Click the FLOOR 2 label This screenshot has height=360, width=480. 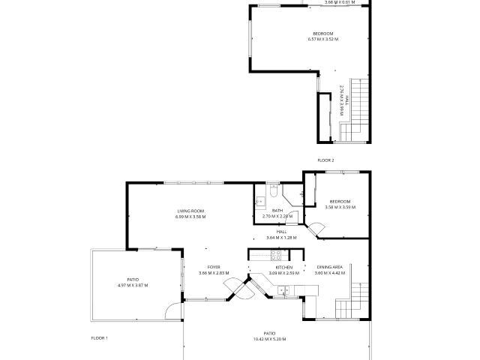point(325,160)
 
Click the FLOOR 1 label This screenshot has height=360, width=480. point(100,338)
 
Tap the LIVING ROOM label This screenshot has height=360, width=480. point(190,211)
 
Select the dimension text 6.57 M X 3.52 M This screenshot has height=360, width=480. point(323,40)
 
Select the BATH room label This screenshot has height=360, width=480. point(277,211)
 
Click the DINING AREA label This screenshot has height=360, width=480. point(330,267)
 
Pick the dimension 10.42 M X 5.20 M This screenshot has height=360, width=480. point(269,339)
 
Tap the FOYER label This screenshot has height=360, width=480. point(214,267)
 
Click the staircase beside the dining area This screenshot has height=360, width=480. point(361,300)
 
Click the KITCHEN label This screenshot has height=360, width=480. point(283,267)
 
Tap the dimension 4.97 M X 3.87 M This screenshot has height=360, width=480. point(133,285)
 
